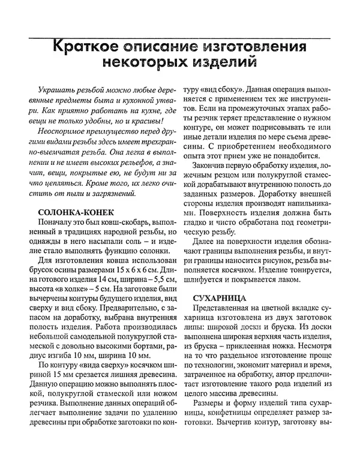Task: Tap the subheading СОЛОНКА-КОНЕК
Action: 76,213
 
